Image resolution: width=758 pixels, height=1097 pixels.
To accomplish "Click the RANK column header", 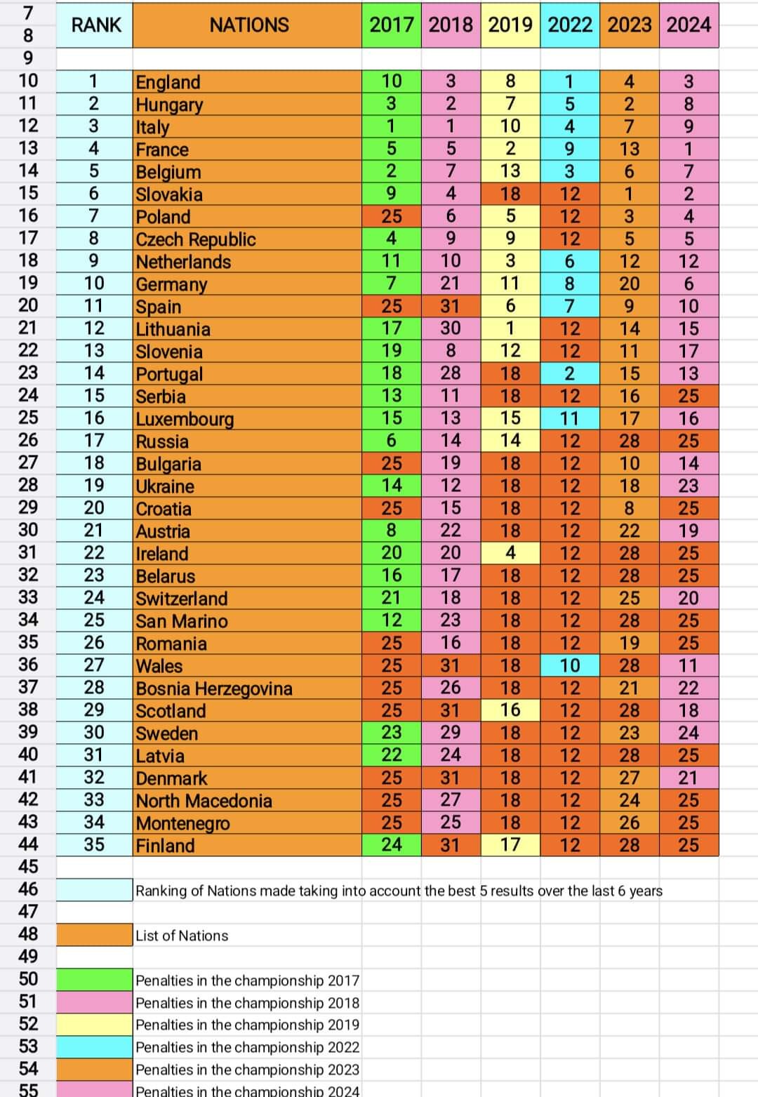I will tap(96, 25).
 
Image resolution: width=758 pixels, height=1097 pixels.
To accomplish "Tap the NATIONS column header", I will tap(248, 25).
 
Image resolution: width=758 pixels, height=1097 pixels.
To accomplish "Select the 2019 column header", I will tap(510, 25).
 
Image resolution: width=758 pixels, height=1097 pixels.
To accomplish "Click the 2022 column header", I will tap(570, 25).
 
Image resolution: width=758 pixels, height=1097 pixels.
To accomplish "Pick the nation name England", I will tap(168, 82).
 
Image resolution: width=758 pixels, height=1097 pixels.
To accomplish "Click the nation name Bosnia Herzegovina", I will tap(214, 689).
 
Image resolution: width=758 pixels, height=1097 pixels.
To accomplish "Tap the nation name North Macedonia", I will tap(204, 801).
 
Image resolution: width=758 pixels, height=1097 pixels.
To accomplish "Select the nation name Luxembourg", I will tap(185, 419).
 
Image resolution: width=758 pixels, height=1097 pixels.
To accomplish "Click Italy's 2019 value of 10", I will tap(510, 126).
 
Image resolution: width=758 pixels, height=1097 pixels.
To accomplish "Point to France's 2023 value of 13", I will tap(629, 149).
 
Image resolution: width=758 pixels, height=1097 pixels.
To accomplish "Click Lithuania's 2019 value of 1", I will tap(510, 328).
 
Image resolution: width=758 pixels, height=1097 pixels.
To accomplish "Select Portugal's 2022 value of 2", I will tap(570, 373).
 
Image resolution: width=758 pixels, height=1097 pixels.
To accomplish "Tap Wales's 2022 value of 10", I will tap(570, 665).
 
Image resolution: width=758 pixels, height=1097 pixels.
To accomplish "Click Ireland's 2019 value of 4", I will tap(510, 553).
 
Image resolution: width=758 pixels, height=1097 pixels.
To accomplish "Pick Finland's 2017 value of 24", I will tap(392, 845).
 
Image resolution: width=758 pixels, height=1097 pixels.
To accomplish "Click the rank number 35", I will tap(94, 845).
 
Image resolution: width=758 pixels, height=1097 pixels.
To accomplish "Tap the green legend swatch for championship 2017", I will tap(94, 980).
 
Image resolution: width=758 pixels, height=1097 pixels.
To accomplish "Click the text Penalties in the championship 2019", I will tap(247, 1025).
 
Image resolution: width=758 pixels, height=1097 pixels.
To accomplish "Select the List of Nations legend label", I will tap(182, 936).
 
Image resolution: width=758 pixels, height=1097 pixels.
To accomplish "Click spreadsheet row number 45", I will tap(28, 867).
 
